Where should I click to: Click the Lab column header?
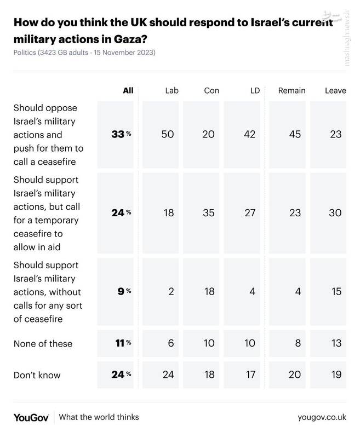172,90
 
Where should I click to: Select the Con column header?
212,90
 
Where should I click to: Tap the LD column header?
254,90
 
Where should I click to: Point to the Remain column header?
292,90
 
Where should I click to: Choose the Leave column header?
335,90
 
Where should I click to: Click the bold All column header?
128,90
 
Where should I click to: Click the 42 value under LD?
250,135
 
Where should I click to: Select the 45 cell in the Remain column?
295,135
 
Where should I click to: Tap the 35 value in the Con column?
209,212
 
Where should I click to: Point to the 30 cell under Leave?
335,212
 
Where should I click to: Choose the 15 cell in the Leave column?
336,291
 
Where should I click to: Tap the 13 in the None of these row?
336,344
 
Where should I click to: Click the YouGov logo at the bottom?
31,417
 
